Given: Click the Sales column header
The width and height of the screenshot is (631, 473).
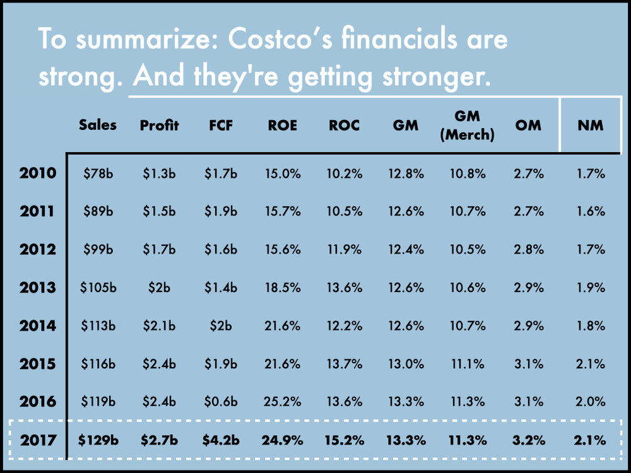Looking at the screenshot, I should tap(98, 125).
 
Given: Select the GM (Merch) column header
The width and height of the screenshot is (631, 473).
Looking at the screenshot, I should tap(467, 125).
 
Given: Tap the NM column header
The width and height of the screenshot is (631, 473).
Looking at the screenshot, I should tap(590, 125).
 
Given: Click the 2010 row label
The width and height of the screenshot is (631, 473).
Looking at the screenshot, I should tap(38, 173).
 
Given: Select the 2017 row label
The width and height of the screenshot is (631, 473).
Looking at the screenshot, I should tap(38, 440).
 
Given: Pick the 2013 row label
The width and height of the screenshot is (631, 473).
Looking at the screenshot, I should tap(38, 288).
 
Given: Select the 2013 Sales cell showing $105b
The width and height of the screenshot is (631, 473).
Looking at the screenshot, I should tap(98, 288).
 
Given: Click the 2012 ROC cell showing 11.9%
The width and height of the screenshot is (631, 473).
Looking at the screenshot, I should tap(345, 250).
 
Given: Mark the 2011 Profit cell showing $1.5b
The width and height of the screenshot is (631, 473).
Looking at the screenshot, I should tap(159, 211).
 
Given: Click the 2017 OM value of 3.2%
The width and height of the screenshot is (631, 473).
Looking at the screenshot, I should tap(529, 440).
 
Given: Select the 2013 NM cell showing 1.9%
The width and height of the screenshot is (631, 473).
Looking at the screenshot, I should tap(590, 288).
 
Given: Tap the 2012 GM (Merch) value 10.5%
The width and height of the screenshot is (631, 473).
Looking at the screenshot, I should tap(467, 250).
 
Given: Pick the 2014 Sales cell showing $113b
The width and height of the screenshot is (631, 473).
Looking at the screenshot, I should tap(98, 325).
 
